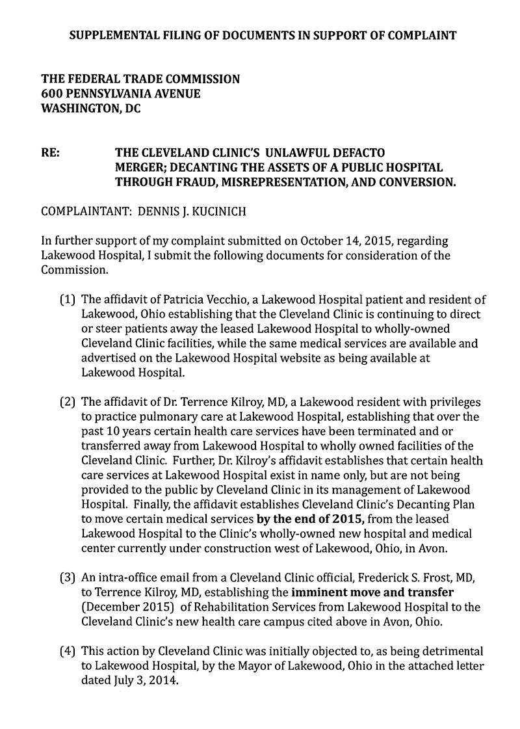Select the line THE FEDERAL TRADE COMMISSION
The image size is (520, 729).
[140, 79]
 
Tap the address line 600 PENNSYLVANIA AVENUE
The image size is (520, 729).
[120, 94]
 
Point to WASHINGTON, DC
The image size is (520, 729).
[90, 109]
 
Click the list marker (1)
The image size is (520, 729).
[68, 300]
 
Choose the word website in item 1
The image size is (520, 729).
[313, 358]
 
